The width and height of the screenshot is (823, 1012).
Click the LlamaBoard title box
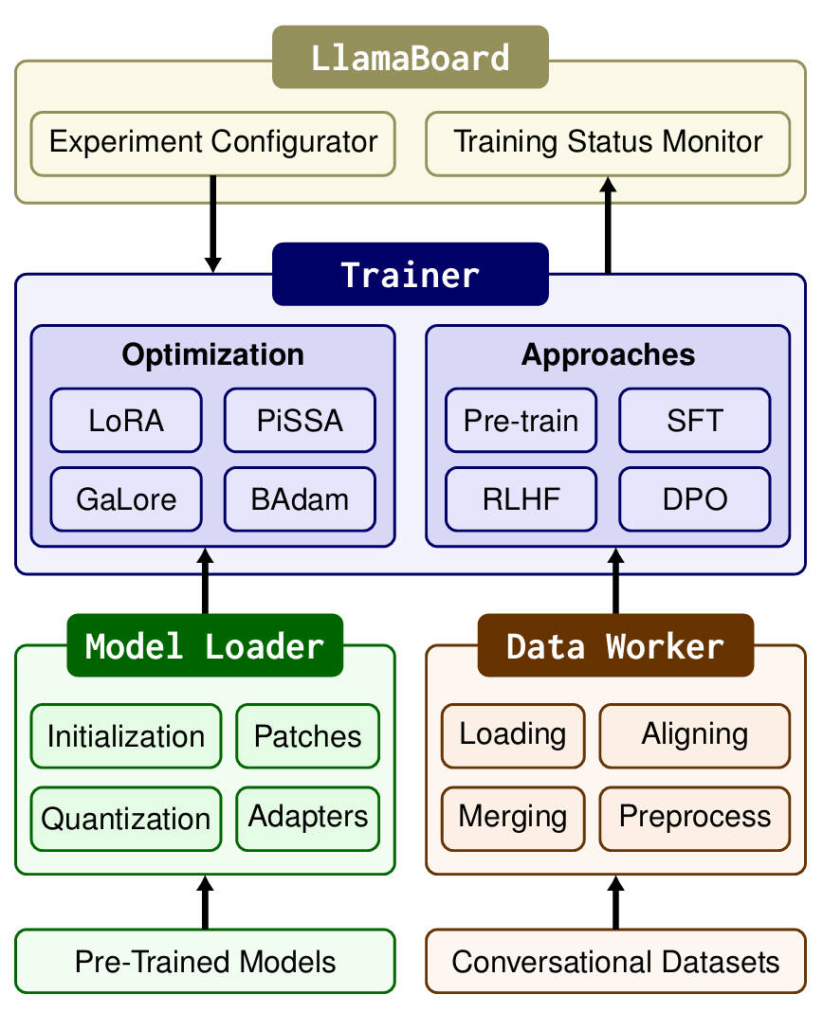point(410,57)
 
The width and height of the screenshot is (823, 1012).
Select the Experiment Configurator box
point(213,143)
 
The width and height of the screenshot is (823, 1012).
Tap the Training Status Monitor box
point(608,143)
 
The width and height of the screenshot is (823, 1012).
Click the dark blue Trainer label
point(410,274)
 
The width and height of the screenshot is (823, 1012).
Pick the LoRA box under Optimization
point(126,420)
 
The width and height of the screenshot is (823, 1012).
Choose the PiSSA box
point(300,420)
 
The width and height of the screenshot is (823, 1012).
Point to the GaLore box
point(126,498)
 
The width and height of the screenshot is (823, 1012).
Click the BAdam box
point(300,498)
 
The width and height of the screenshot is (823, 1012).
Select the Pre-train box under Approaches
point(521,420)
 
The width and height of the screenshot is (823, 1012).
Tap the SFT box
point(695,420)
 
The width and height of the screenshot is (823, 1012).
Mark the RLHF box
point(521,498)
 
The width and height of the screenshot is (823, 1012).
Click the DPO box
point(695,498)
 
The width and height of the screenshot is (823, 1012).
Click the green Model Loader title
point(205,645)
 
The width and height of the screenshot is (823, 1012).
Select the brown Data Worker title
point(615,645)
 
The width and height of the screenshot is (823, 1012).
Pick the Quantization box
point(126,818)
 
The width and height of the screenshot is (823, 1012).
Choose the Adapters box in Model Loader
point(308,816)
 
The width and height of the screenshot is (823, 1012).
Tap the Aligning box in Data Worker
point(695,734)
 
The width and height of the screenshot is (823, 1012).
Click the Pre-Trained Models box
point(205,962)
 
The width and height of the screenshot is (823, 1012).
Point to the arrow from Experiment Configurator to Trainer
point(213,224)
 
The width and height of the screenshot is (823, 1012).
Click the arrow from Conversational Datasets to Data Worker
point(616,902)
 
